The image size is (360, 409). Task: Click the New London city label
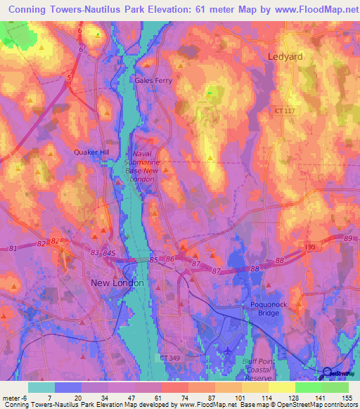coord(117,283)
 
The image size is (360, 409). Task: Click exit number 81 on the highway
coord(13,248)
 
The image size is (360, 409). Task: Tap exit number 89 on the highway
coord(347,240)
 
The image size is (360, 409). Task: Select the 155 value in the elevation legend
coord(347,398)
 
